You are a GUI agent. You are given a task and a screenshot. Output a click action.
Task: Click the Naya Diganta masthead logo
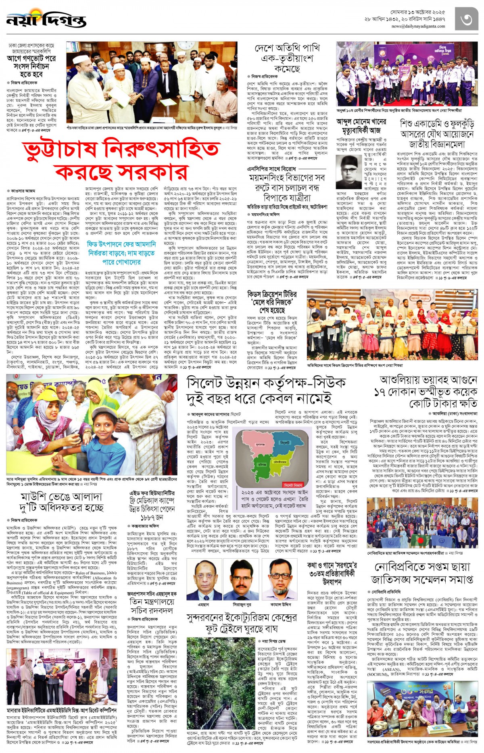tap(46, 19)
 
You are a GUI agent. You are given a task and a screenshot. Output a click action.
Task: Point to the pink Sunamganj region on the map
tap(259, 445)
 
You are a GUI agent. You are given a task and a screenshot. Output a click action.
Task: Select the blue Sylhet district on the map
tap(284, 444)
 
